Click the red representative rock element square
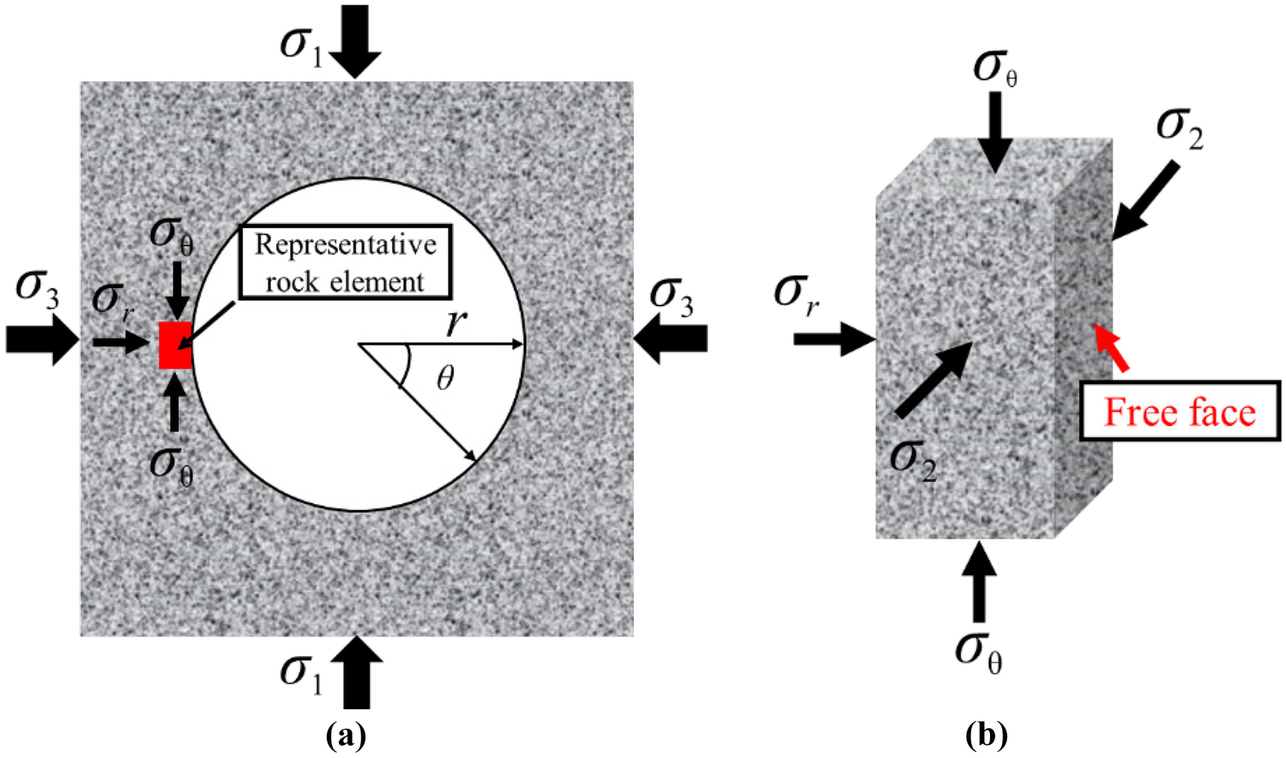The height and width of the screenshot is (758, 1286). tap(175, 346)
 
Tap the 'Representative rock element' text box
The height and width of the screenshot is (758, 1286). tap(345, 262)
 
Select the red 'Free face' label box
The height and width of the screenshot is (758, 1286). tap(1180, 412)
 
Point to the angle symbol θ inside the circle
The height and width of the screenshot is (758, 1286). tap(445, 377)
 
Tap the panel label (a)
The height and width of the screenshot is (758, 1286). tap(347, 736)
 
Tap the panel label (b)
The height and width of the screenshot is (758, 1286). tap(986, 736)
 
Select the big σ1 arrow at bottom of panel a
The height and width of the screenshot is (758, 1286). tap(356, 674)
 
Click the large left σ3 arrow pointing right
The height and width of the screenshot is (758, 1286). tap(42, 340)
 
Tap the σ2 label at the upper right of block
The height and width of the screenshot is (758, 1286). tap(1180, 129)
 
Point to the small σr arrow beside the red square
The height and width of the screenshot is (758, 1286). tap(120, 343)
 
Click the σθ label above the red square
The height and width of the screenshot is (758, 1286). tap(172, 233)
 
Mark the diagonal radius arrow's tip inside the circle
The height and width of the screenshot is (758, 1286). tap(474, 460)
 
